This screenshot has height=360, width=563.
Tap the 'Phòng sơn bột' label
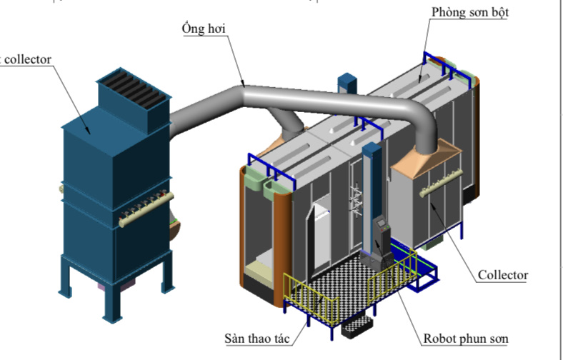coord(469,12)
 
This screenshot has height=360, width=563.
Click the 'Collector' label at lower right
coord(502,275)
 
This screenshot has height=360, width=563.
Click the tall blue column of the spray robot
coord(369,193)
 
